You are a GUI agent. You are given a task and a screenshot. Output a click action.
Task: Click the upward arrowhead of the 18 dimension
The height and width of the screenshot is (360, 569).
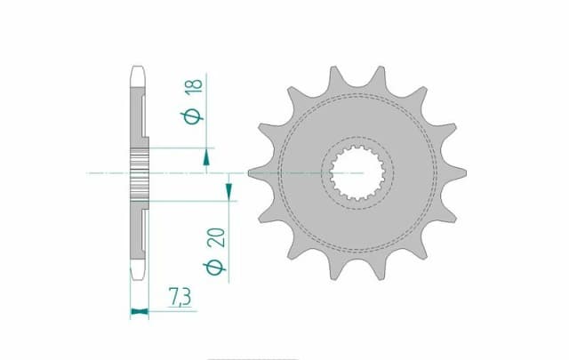click(206, 157)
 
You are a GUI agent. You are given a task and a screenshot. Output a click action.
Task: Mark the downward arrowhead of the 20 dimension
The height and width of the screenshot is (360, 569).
click(229, 190)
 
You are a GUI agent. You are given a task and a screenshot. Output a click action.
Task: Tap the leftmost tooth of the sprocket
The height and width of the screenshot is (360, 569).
click(257, 171)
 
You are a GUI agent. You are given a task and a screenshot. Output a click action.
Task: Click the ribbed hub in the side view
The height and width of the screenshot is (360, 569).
click(140, 172)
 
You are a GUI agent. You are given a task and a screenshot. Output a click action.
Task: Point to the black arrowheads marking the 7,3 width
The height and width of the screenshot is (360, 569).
click(138, 311)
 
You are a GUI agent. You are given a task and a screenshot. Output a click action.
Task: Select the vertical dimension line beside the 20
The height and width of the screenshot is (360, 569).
click(229, 240)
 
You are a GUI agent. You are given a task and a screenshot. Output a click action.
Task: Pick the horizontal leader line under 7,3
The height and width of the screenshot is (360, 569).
click(169, 311)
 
